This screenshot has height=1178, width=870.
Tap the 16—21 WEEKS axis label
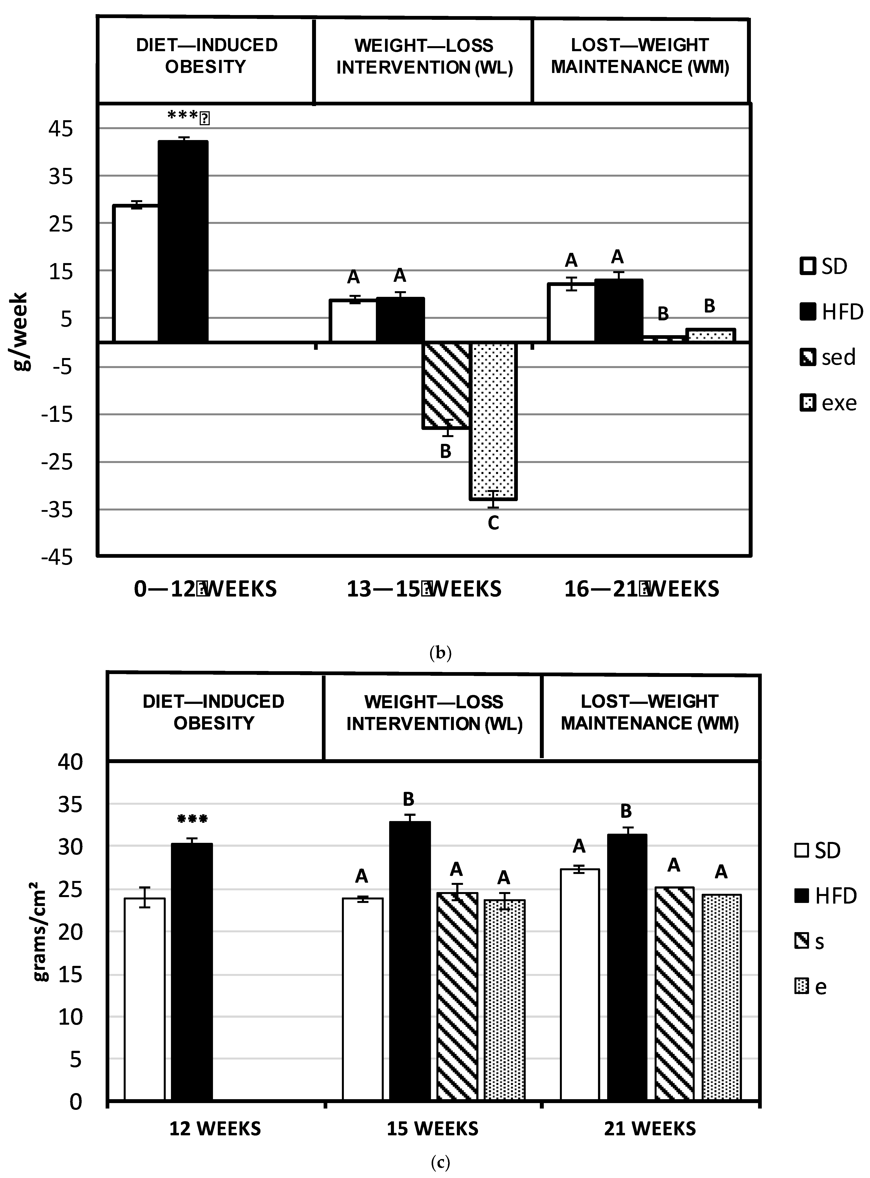tap(641, 589)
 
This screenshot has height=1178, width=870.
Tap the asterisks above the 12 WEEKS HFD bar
tap(192, 819)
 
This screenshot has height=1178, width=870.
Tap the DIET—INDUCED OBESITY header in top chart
tap(206, 56)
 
